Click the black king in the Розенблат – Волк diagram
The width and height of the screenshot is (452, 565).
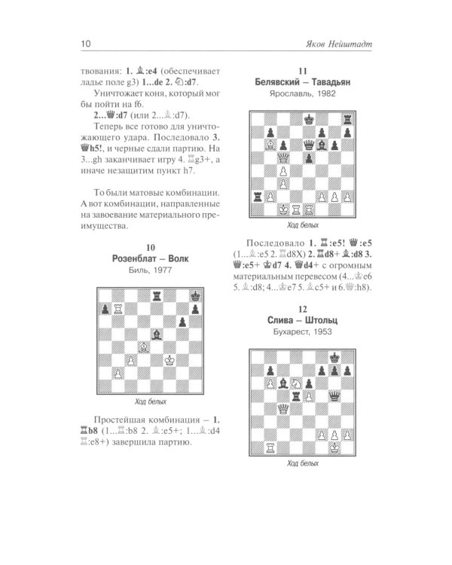tap(199, 294)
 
